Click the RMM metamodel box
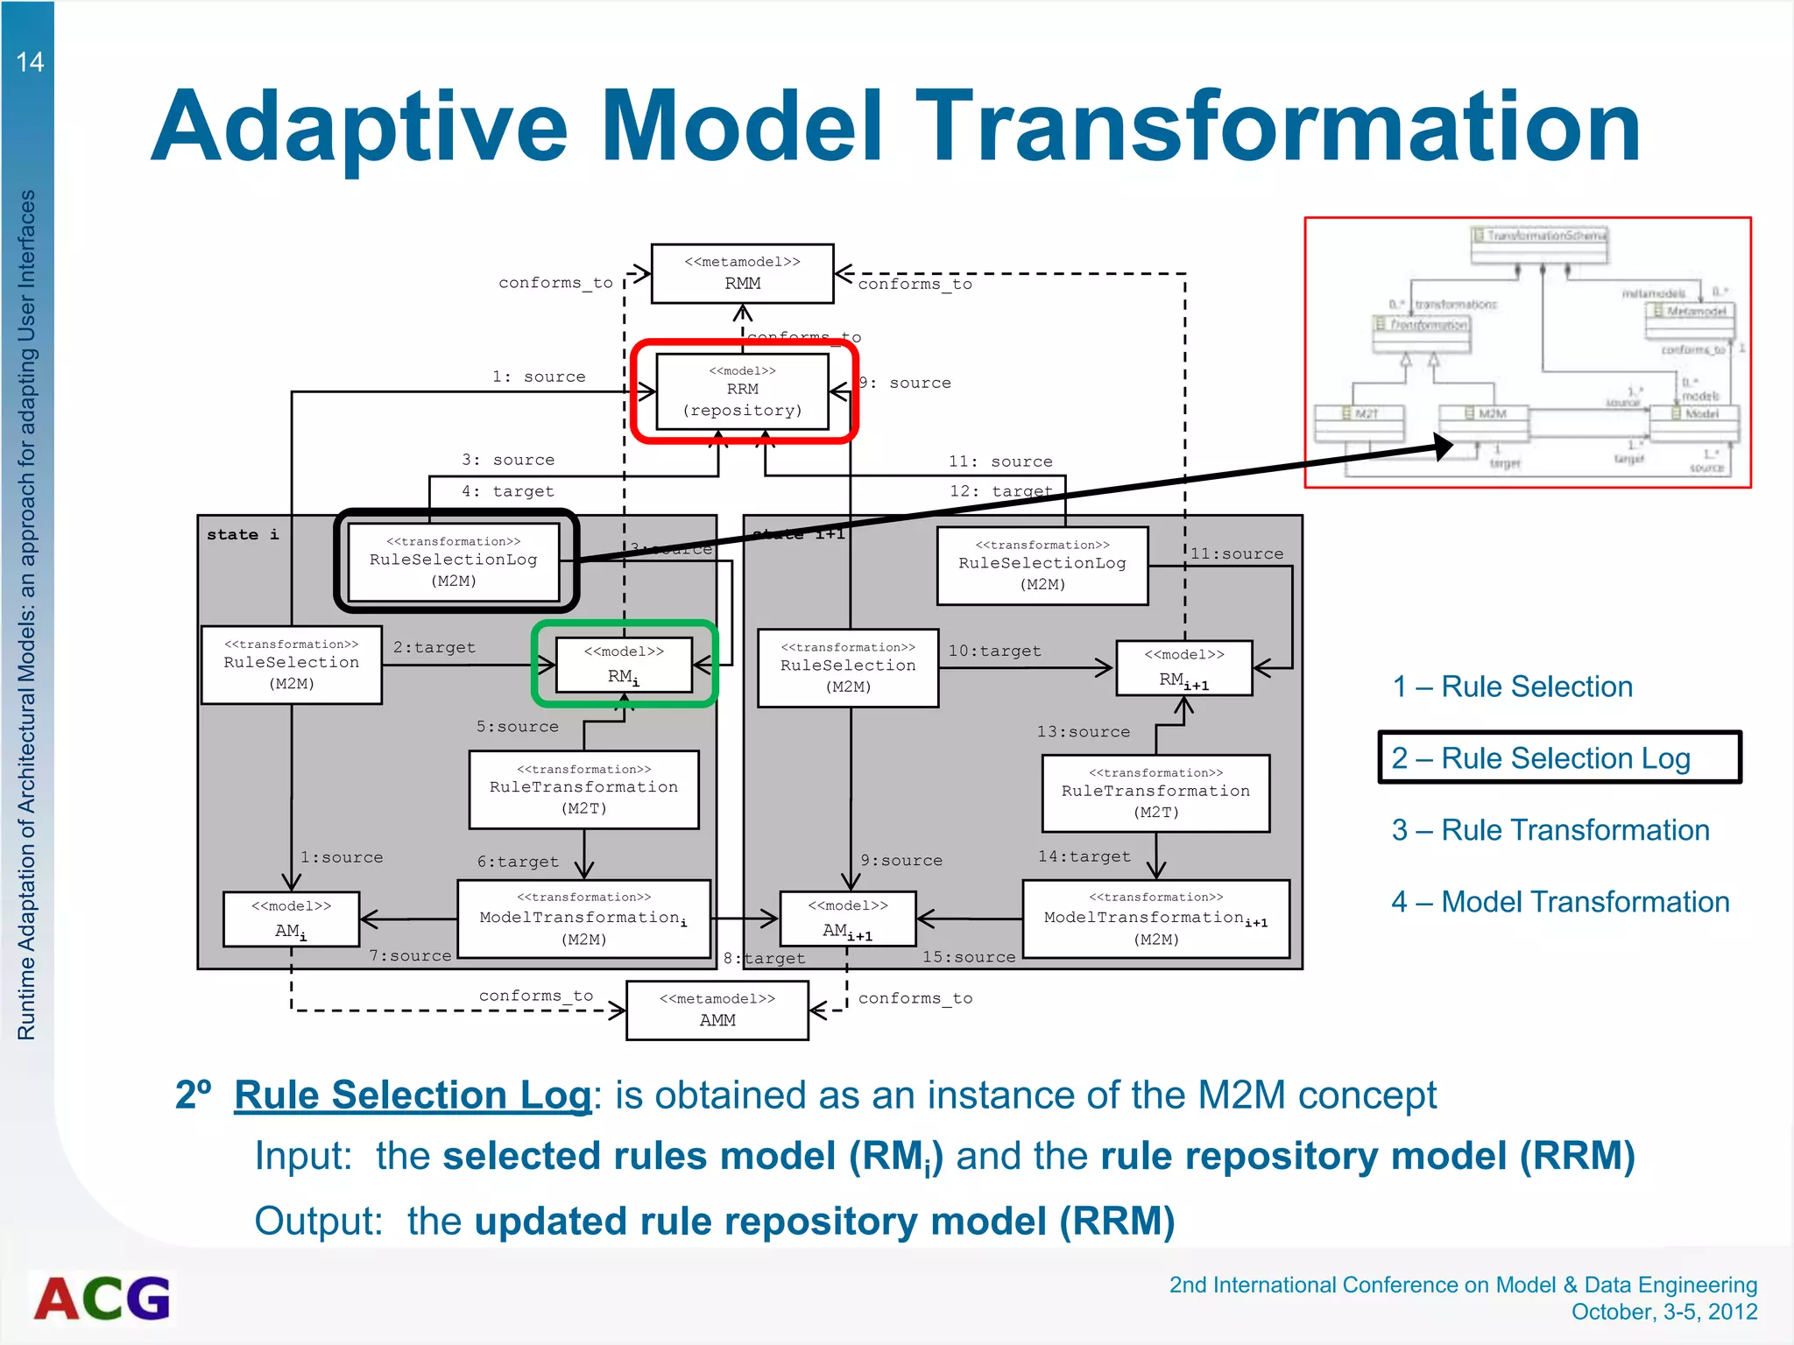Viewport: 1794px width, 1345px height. (x=742, y=273)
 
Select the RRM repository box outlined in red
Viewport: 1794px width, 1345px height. (x=742, y=391)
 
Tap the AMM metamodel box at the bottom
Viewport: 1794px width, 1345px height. (x=717, y=1010)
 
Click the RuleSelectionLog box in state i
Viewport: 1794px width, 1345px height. (x=454, y=561)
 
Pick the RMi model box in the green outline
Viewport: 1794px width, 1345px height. (x=624, y=665)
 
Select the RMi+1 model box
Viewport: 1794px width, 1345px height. (x=1183, y=668)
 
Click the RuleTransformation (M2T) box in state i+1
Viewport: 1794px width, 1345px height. (x=1155, y=792)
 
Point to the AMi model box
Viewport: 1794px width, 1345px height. (x=291, y=919)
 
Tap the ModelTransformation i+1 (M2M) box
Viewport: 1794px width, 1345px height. (x=1155, y=919)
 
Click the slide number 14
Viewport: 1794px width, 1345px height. (x=30, y=62)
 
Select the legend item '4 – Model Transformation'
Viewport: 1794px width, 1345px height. (x=1560, y=901)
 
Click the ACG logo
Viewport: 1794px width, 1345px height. (x=102, y=1299)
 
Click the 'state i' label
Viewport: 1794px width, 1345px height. (x=243, y=534)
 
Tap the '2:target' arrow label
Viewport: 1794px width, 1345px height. (x=434, y=647)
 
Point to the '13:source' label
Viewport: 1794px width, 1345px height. (x=1083, y=731)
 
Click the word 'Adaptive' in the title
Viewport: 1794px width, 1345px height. (x=359, y=127)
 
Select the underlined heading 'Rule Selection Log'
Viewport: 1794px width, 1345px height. (x=413, y=1095)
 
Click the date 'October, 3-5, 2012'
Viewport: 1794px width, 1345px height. (x=1663, y=1311)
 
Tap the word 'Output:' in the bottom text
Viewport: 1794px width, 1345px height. (x=319, y=1221)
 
